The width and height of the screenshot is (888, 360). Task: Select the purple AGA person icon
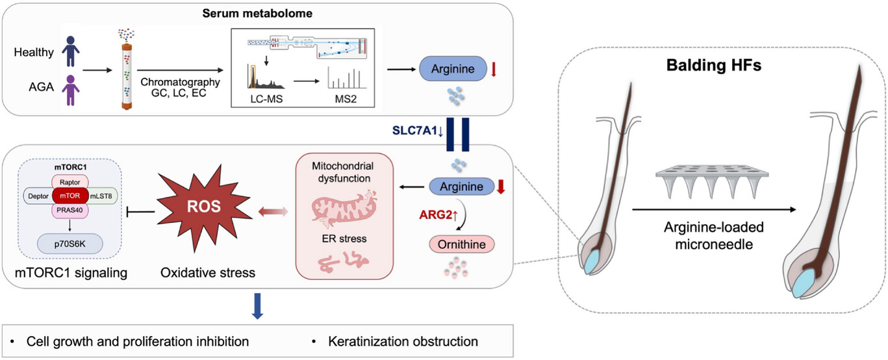(71, 92)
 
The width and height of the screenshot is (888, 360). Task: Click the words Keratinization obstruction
(403, 341)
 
